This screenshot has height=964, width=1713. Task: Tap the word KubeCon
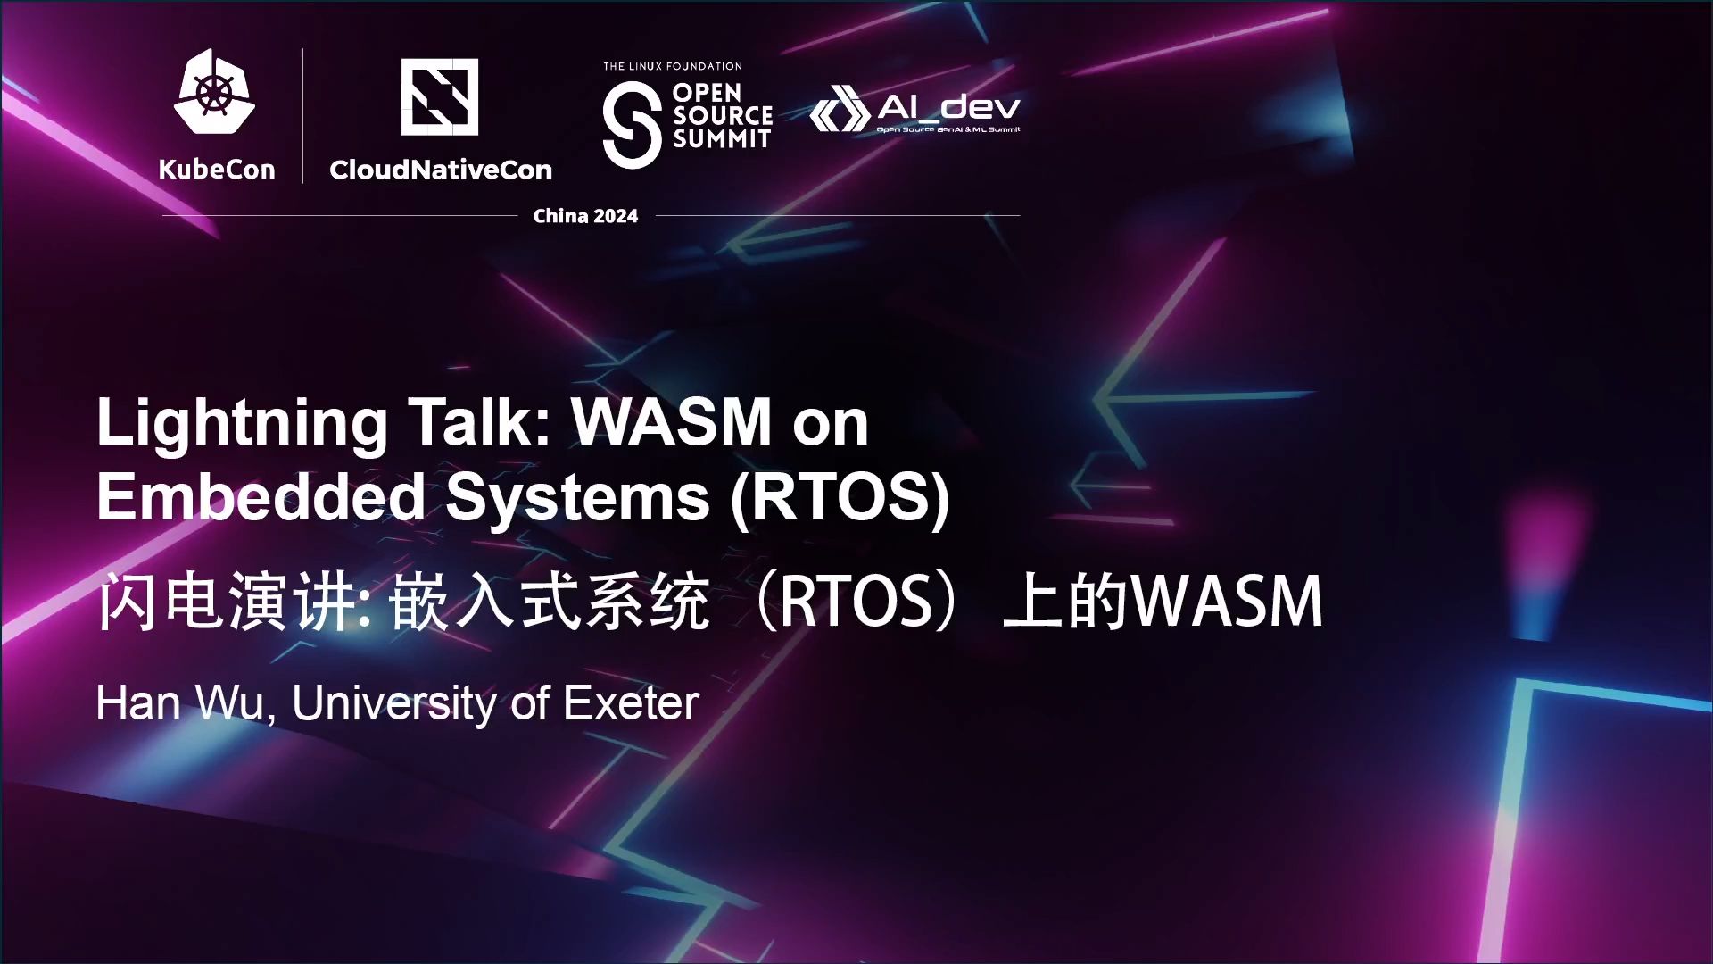(x=217, y=170)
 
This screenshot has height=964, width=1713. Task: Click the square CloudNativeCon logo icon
(x=439, y=97)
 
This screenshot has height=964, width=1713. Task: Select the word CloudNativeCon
(x=441, y=170)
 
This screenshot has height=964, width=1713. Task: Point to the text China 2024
(x=585, y=216)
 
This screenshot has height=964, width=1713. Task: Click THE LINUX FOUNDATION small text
(x=673, y=66)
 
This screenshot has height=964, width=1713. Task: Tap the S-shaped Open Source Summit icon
(x=632, y=124)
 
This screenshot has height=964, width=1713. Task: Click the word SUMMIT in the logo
(x=722, y=138)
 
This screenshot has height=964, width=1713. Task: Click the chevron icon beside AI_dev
(x=840, y=110)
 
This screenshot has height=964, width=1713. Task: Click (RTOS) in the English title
(x=840, y=498)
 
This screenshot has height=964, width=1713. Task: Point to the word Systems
(x=577, y=498)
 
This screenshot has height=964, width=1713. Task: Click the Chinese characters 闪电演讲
(x=228, y=601)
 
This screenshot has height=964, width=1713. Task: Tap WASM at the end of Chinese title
(x=1228, y=601)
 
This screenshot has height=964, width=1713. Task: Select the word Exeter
(x=631, y=703)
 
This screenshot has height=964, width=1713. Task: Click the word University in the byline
(x=395, y=704)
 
